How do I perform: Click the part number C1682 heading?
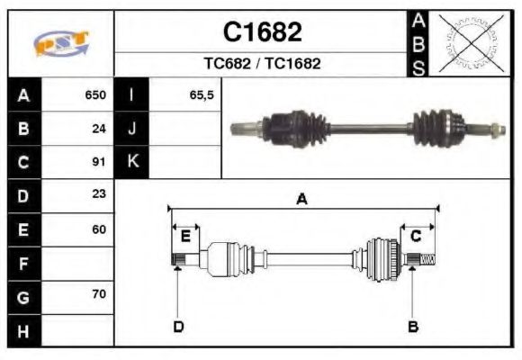coord(262,32)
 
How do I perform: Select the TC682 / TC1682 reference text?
coord(262,64)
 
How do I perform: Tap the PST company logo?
coord(61,43)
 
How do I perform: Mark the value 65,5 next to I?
coord(202,94)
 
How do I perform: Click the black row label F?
coord(23,264)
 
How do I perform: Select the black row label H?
coord(23,330)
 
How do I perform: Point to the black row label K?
coord(132,162)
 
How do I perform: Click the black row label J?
coord(132,128)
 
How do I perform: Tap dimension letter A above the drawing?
coord(301,200)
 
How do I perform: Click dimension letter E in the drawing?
coord(185,237)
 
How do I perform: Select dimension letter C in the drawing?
coord(416,237)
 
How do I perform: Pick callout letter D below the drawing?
coord(178,326)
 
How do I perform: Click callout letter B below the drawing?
coord(412,326)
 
